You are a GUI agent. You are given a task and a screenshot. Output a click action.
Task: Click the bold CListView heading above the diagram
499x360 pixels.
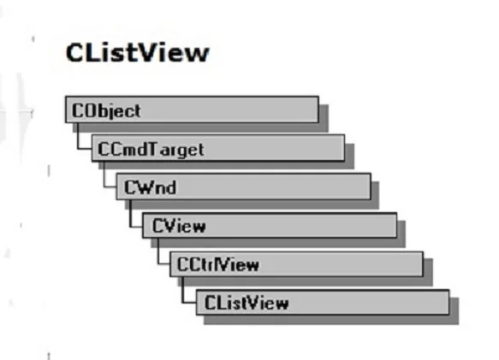point(138,53)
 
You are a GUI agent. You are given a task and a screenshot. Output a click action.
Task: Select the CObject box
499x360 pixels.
point(192,109)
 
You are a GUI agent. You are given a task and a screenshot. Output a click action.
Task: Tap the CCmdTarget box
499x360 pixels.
point(218,148)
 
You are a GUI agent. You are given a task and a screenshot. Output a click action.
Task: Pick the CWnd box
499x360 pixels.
point(244,186)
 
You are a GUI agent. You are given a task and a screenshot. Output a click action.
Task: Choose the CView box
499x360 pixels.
point(270,225)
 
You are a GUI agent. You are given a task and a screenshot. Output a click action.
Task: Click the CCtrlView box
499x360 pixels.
point(297,264)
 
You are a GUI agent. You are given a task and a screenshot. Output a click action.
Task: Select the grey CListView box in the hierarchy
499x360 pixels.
point(323,302)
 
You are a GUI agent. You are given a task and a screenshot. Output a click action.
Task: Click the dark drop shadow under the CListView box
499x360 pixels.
point(331,320)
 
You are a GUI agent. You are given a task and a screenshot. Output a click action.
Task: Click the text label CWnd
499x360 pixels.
point(150,187)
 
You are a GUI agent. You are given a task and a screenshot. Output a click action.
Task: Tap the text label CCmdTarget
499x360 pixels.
point(151,149)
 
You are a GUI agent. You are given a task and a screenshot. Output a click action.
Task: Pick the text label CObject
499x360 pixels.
point(106,111)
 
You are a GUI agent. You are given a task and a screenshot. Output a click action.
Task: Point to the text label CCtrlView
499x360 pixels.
point(218,264)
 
